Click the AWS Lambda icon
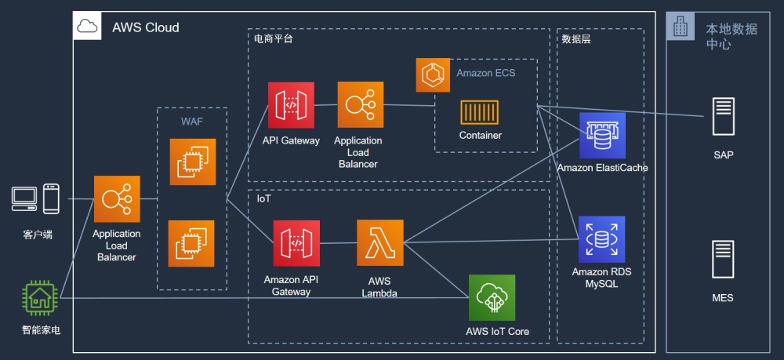pyautogui.click(x=380, y=242)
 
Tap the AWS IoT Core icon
pyautogui.click(x=492, y=297)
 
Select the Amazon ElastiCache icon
pyautogui.click(x=602, y=136)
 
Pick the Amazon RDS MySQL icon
pyautogui.click(x=602, y=239)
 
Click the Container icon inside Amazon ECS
pyautogui.click(x=480, y=112)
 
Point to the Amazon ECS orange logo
pyautogui.click(x=433, y=75)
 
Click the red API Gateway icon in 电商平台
pyautogui.click(x=291, y=105)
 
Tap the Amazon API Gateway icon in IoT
pyautogui.click(x=296, y=243)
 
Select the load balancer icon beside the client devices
pyautogui.click(x=117, y=199)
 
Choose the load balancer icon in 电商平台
pyautogui.click(x=361, y=104)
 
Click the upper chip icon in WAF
pyautogui.click(x=193, y=162)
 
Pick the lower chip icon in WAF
pyautogui.click(x=191, y=243)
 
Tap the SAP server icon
pyautogui.click(x=724, y=117)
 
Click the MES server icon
pyautogui.click(x=723, y=259)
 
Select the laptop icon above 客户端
pyautogui.click(x=24, y=199)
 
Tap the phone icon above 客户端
pyautogui.click(x=51, y=199)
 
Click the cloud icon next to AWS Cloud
pyautogui.click(x=88, y=26)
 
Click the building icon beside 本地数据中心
pyautogui.click(x=681, y=26)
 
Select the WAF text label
pyautogui.click(x=192, y=122)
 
